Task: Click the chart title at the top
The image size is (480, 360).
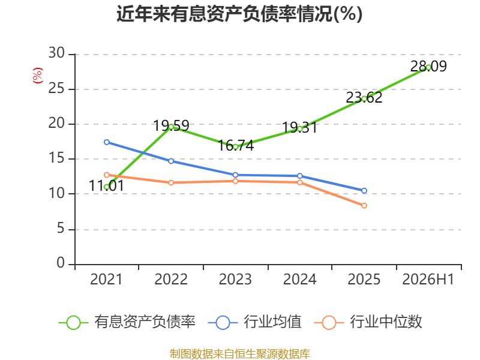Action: [x=239, y=14]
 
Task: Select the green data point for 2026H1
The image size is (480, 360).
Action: [x=428, y=67]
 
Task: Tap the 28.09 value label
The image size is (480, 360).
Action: [x=428, y=66]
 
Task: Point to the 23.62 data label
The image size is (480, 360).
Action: [x=364, y=97]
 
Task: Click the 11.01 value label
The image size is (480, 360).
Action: [x=107, y=185]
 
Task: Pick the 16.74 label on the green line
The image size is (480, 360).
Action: [x=236, y=145]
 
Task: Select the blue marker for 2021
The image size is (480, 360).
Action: [x=107, y=142]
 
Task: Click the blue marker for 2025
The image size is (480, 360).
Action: [x=364, y=190]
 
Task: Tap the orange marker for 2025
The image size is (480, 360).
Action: [x=364, y=205]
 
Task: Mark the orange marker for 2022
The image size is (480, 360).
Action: [x=171, y=182]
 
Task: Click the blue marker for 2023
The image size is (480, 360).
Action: [x=235, y=175]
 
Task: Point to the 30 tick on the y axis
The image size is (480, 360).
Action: [x=56, y=53]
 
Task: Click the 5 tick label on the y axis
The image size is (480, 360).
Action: [x=61, y=229]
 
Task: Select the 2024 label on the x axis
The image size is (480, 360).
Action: [x=299, y=279]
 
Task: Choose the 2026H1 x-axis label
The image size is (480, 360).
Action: [x=428, y=279]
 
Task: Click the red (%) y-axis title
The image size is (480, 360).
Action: [x=38, y=76]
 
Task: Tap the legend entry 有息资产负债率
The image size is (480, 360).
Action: [x=127, y=322]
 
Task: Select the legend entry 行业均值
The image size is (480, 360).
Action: [x=254, y=322]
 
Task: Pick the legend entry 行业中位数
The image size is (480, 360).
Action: [x=368, y=322]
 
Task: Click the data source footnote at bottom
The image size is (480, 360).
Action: [x=240, y=354]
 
